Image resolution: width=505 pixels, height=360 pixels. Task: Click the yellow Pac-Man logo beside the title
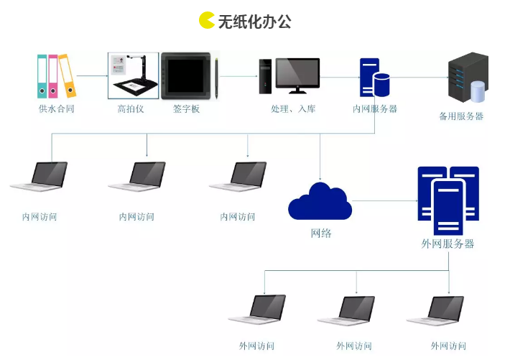(207, 20)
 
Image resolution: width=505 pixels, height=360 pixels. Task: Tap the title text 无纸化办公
(255, 21)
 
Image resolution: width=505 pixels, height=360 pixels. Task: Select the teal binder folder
(42, 75)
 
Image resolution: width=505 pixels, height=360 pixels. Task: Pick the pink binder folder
(53, 75)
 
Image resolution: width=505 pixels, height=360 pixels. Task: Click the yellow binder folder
(67, 75)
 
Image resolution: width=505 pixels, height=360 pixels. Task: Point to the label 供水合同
(57, 109)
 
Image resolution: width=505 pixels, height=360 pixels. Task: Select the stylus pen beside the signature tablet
(216, 78)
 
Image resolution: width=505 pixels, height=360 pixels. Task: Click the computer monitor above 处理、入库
(297, 74)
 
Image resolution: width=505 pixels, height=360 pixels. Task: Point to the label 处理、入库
(292, 109)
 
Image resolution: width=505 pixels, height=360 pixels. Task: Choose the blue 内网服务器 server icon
(374, 78)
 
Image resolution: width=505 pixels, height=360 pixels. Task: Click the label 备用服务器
(460, 116)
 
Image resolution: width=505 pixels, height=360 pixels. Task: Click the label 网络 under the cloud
(320, 234)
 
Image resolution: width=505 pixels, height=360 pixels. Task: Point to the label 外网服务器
(448, 244)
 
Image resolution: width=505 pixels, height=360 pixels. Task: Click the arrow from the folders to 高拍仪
(92, 75)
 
